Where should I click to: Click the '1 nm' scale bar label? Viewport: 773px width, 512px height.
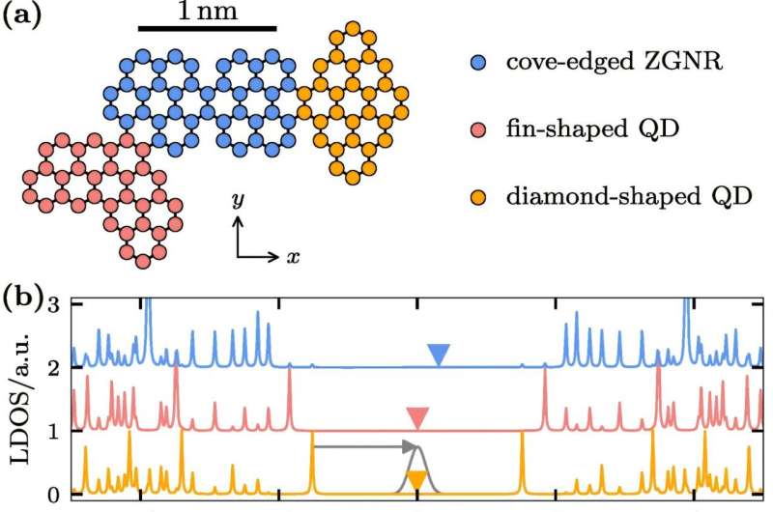click(x=207, y=12)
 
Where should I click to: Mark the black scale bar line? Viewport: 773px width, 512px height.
click(x=207, y=29)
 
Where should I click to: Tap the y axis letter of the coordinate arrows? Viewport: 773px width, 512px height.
click(x=237, y=201)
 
